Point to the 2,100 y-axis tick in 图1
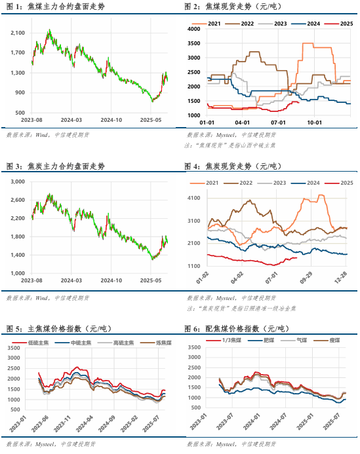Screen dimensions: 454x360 pos(18,32)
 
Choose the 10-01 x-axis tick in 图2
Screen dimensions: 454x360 pos(314,122)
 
